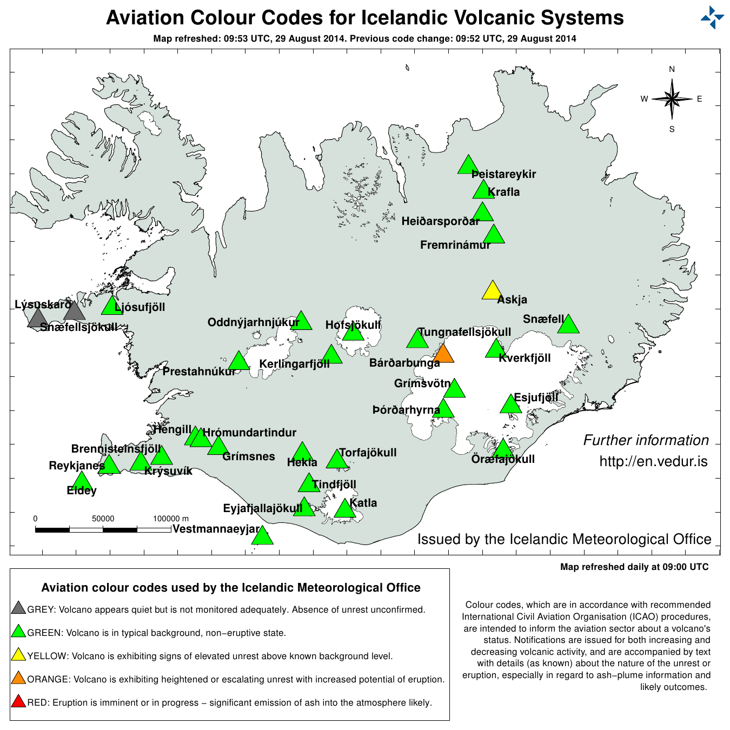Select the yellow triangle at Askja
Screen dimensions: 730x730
(x=492, y=291)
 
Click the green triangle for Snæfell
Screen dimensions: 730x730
(x=568, y=325)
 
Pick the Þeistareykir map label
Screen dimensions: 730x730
(x=503, y=174)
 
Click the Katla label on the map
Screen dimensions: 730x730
(x=363, y=503)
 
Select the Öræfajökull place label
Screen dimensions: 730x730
(x=503, y=459)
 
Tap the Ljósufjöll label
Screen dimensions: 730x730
(x=140, y=307)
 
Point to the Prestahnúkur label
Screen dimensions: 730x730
(x=199, y=371)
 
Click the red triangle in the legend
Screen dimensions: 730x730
(x=18, y=702)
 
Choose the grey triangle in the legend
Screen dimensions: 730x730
(x=18, y=608)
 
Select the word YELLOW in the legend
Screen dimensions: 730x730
(x=48, y=656)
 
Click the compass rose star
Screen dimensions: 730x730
(x=672, y=99)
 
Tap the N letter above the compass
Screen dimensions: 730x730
(x=672, y=69)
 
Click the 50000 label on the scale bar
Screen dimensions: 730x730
(x=103, y=519)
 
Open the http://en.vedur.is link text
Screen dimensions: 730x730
(x=653, y=461)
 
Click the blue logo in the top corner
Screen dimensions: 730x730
(x=712, y=17)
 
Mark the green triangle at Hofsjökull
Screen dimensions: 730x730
(x=353, y=331)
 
